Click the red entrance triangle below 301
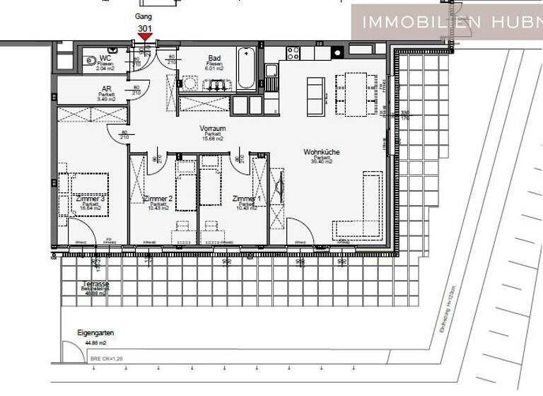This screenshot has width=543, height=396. [x=144, y=37]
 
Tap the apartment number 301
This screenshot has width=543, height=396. [x=144, y=28]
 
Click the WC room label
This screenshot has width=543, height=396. [x=105, y=57]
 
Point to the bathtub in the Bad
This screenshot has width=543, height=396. [x=247, y=68]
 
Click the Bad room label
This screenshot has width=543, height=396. [x=214, y=58]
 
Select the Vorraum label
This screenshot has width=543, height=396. [x=213, y=128]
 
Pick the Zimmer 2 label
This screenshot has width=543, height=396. [x=158, y=199]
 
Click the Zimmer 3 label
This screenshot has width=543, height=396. [x=90, y=199]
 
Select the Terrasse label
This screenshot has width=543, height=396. [x=94, y=284]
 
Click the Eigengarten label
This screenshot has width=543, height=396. [x=95, y=332]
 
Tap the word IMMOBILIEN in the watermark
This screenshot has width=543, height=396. [x=410, y=22]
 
